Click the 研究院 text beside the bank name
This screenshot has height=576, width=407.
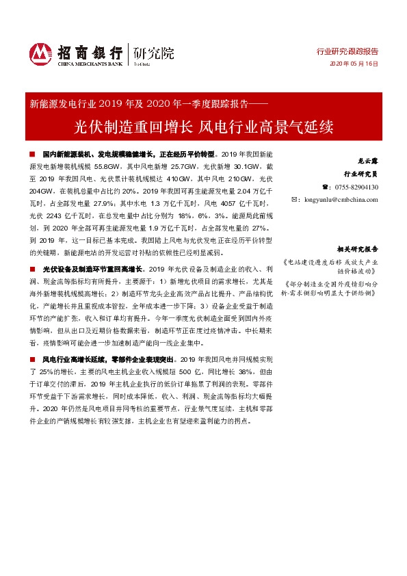point(154,52)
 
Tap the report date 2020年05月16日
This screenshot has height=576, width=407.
point(354,64)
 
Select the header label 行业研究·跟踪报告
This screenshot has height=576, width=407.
point(347,51)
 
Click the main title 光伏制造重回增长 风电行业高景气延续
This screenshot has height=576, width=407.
point(203,127)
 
